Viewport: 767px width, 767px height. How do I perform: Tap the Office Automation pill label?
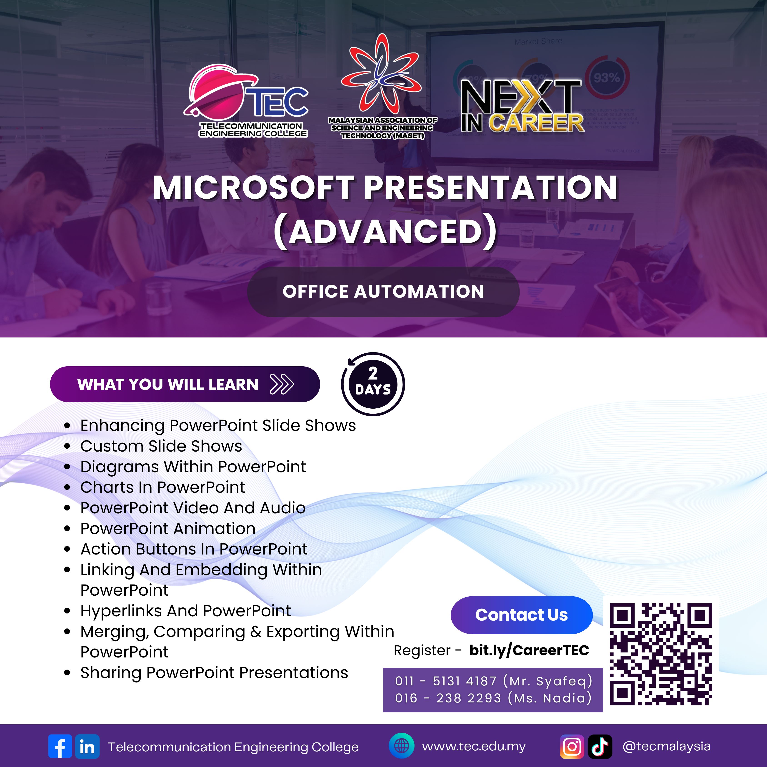tap(384, 292)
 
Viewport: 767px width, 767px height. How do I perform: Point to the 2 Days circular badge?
tap(373, 384)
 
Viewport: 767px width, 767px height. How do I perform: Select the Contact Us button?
tap(522, 615)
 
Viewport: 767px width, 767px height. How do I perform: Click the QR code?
tap(661, 654)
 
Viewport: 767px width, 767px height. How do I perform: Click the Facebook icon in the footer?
tap(60, 746)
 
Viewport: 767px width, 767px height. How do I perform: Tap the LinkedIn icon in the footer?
tap(87, 746)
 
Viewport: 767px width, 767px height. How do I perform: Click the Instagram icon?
tap(572, 746)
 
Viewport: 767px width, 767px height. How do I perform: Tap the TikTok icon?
tap(600, 746)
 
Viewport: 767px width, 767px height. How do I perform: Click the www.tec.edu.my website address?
tap(474, 746)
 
